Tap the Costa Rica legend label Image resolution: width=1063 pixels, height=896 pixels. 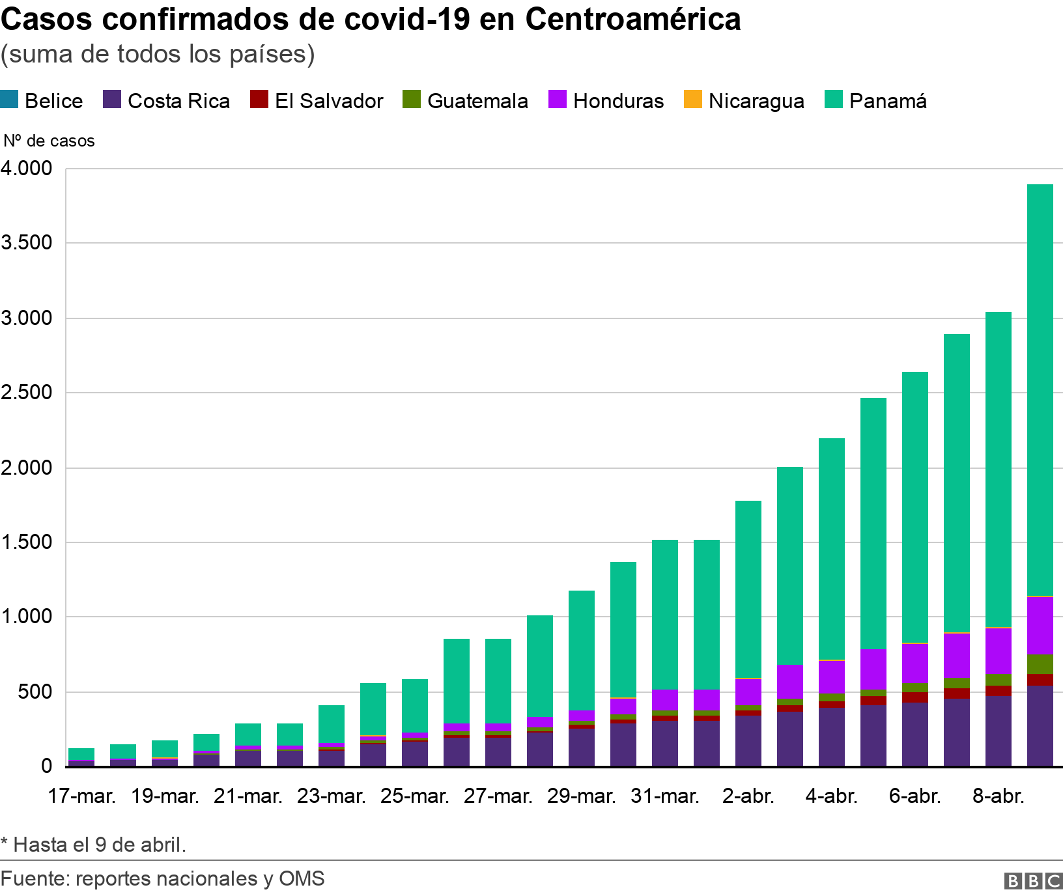[178, 101]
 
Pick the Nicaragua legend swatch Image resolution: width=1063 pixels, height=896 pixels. [692, 100]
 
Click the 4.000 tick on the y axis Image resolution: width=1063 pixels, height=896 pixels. [26, 168]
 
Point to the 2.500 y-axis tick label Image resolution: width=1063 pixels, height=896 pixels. [26, 393]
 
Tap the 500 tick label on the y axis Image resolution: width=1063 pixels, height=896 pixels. [34, 692]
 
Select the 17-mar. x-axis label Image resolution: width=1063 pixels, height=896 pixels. [81, 796]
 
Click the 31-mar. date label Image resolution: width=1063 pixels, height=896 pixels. [665, 796]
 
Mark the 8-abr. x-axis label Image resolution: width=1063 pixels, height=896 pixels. [998, 796]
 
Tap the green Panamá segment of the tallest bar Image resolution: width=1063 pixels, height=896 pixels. [1040, 391]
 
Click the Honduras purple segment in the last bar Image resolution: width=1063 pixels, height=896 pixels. [1040, 626]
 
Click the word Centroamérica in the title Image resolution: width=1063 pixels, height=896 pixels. [632, 20]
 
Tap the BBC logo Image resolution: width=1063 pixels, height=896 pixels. [1033, 880]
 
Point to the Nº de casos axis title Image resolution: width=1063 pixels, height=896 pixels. [49, 141]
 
